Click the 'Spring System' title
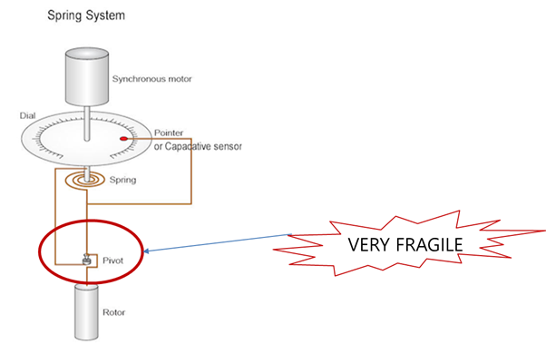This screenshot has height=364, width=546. [x=86, y=15]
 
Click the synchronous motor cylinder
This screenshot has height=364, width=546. [x=87, y=75]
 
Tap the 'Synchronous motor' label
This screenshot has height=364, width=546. [x=151, y=79]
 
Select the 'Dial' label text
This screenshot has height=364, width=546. [x=27, y=116]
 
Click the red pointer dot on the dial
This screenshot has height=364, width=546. [x=123, y=139]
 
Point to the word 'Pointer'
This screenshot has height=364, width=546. [x=169, y=133]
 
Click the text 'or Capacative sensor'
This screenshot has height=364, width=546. [x=198, y=146]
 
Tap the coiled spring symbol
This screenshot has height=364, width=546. [x=85, y=180]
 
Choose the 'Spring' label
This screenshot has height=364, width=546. [x=123, y=180]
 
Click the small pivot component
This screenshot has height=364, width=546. [x=86, y=260]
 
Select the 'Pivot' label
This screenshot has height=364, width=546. [x=112, y=261]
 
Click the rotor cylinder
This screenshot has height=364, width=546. [x=86, y=312]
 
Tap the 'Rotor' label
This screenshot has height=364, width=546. [x=114, y=312]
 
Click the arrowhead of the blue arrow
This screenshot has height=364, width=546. [x=146, y=251]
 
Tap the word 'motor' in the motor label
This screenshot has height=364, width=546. [x=180, y=79]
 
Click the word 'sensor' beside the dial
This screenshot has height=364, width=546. [x=228, y=147]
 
